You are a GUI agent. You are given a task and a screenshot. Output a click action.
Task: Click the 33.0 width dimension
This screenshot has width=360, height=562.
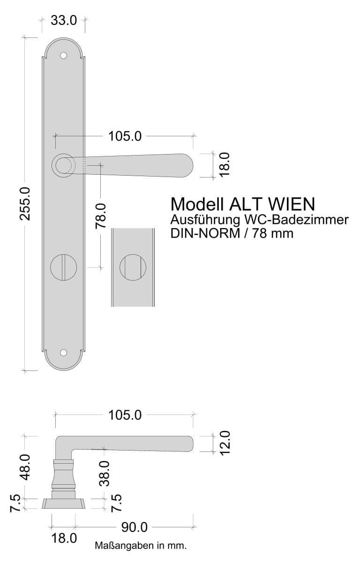[x=64, y=20]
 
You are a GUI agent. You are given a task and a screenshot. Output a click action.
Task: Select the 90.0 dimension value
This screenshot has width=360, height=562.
[x=135, y=527]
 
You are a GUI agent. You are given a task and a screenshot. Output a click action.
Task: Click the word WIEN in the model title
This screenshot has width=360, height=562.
[x=291, y=204]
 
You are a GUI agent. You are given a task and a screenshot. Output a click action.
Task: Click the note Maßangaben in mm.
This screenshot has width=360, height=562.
[x=141, y=546]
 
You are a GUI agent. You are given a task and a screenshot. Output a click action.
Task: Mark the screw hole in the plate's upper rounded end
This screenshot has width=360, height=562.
[x=64, y=56]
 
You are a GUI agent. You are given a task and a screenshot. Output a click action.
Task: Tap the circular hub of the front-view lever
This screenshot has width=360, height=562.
[x=63, y=165]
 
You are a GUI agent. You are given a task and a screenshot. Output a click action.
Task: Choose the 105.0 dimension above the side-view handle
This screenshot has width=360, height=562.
[x=125, y=415]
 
